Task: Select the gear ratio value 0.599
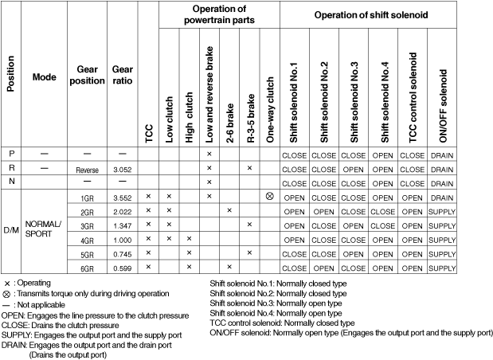coord(122,267)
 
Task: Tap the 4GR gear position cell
coord(89,239)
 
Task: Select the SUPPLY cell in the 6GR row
coord(443,267)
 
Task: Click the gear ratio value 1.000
coord(122,239)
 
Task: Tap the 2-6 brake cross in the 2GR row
coord(229,210)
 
